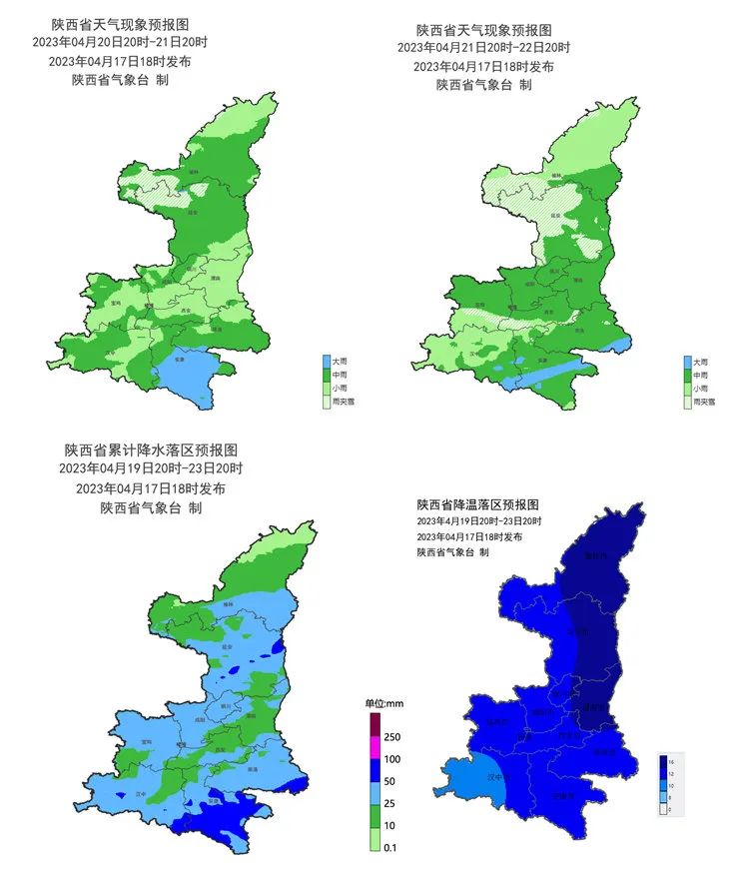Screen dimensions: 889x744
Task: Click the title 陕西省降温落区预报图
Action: pos(477,503)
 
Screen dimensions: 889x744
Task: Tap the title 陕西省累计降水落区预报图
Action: pos(152,448)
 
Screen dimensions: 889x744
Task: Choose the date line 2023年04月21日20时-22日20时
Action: pos(483,48)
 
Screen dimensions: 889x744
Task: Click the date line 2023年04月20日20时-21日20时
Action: pos(121,43)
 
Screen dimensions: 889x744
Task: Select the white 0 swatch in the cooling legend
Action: pos(664,810)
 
